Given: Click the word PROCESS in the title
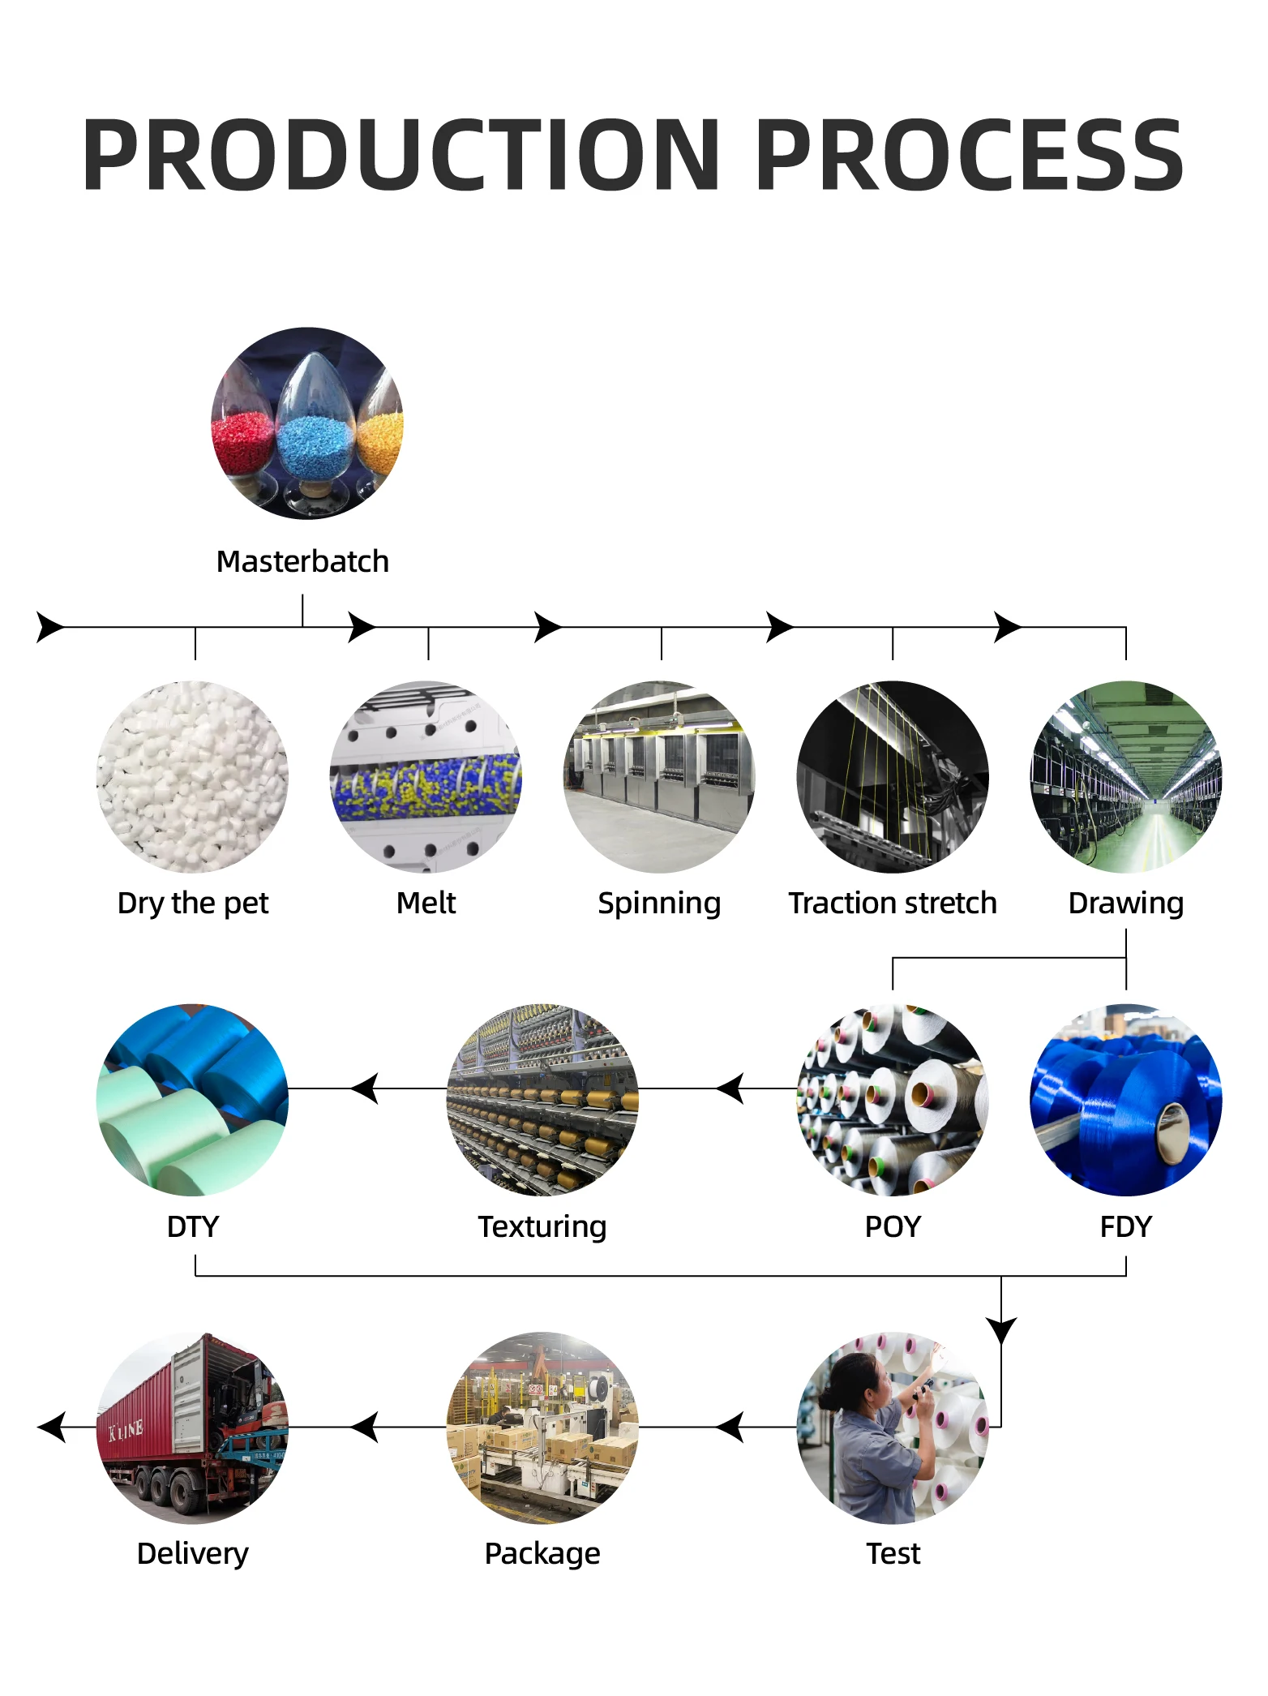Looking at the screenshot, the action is (970, 155).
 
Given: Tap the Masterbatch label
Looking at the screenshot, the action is (302, 561).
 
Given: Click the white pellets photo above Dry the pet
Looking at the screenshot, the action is (193, 776).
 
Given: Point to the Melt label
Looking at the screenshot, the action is (426, 903).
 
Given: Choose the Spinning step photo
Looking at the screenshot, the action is (659, 776).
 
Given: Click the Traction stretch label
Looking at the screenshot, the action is (893, 903).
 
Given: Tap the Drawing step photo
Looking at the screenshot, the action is (1125, 776).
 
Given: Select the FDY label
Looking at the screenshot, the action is (1125, 1226).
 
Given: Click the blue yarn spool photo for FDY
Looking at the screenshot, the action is (1125, 1100).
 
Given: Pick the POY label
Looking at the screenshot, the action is (893, 1226).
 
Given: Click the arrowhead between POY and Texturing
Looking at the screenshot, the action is (731, 1088).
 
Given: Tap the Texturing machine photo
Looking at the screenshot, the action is (542, 1100).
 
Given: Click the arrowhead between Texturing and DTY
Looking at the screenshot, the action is (366, 1088).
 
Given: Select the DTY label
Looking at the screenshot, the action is (193, 1226).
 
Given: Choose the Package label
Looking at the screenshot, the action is (542, 1553).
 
